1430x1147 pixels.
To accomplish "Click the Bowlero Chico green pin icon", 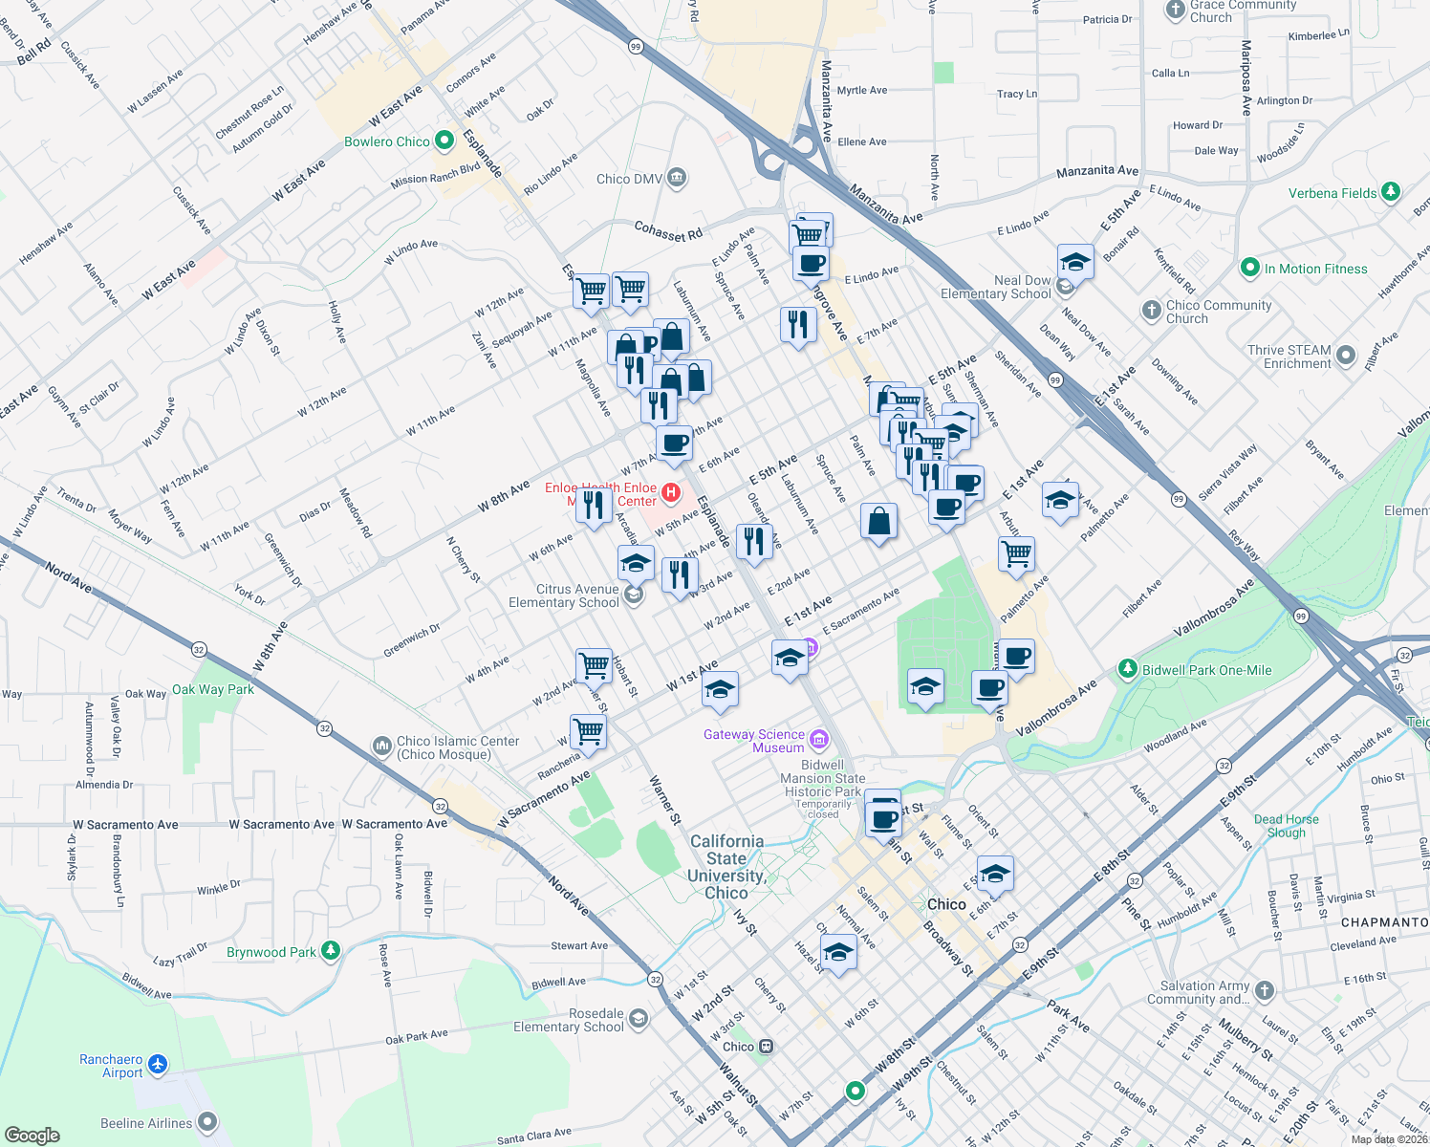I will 444,141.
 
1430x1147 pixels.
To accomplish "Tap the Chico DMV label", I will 627,179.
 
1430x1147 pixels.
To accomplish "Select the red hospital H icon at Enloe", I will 671,493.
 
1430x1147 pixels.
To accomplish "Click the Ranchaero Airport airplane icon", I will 158,1065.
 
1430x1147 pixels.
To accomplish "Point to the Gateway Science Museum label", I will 754,741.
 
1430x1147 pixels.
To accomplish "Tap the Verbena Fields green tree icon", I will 1391,192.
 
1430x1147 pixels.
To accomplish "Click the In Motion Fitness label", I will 1315,269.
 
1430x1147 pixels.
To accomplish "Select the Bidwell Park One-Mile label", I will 1206,670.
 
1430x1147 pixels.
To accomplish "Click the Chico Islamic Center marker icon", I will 381,745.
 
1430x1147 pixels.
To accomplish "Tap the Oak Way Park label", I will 212,689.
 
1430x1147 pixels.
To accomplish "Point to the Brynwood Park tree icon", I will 331,951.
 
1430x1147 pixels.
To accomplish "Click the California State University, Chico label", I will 726,867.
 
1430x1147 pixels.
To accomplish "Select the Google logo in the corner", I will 32,1135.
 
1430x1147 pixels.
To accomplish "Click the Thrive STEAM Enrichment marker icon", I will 1346,357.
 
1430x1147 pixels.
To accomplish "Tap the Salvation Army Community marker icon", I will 1265,991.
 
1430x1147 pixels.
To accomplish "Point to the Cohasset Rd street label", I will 668,230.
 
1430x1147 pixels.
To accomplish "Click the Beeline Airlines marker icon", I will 207,1122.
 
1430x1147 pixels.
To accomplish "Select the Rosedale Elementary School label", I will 569,1020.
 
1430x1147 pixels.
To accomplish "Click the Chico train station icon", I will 766,1047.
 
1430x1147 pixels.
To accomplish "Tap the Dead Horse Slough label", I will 1286,826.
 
